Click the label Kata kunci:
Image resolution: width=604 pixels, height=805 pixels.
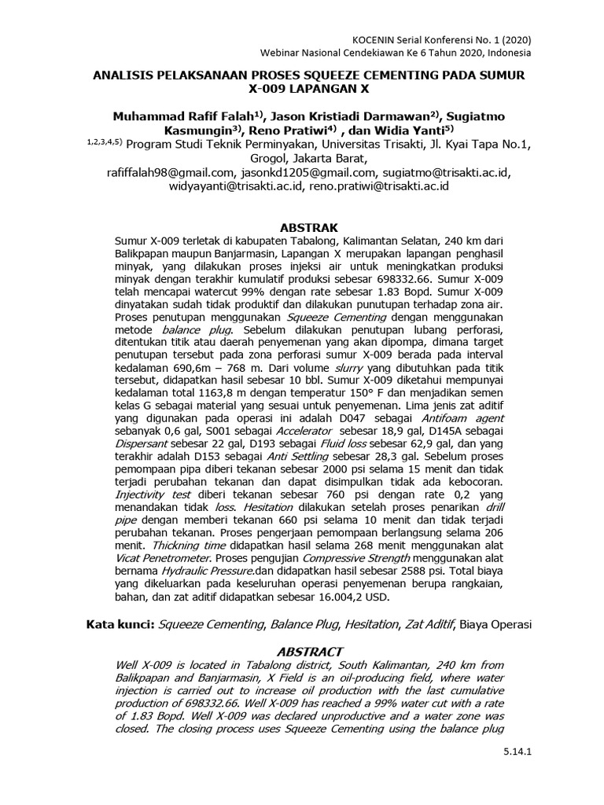(120, 625)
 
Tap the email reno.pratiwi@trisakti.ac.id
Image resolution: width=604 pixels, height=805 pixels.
(379, 187)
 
